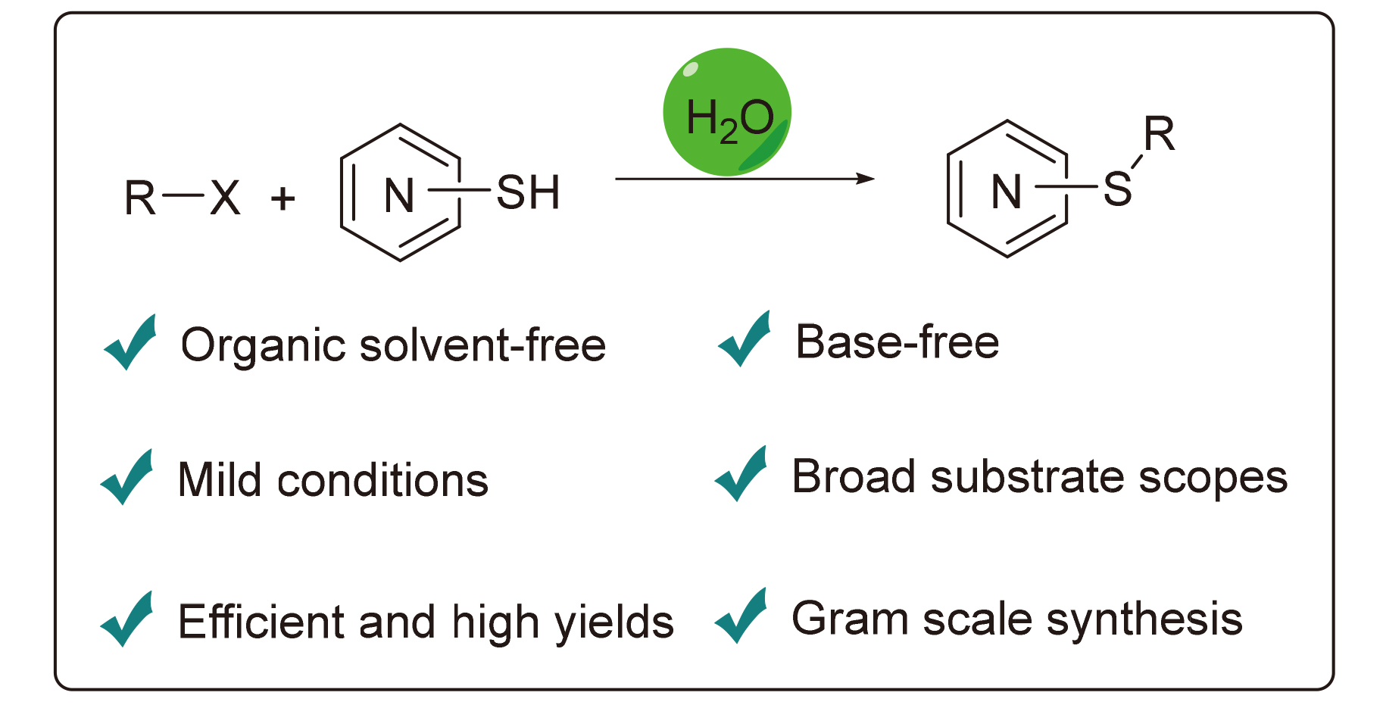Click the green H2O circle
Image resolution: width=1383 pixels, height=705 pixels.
[x=727, y=112]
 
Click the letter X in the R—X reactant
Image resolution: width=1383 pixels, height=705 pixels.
[x=225, y=198]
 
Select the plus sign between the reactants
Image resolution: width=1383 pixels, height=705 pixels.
[x=283, y=199]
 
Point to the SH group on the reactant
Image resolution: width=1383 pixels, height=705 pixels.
[x=528, y=192]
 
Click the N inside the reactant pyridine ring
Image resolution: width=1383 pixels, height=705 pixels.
[x=399, y=195]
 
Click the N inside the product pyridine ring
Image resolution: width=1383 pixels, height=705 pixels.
[x=1007, y=192]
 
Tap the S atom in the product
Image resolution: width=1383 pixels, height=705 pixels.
[x=1117, y=189]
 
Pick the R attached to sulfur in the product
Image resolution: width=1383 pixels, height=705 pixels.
[x=1159, y=135]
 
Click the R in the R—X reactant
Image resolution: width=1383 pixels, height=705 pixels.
[x=140, y=198]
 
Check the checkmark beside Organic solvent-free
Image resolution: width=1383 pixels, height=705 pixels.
[x=131, y=342]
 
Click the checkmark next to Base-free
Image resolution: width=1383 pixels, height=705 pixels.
[x=745, y=339]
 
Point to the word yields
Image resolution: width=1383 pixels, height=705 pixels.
[x=614, y=623]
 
